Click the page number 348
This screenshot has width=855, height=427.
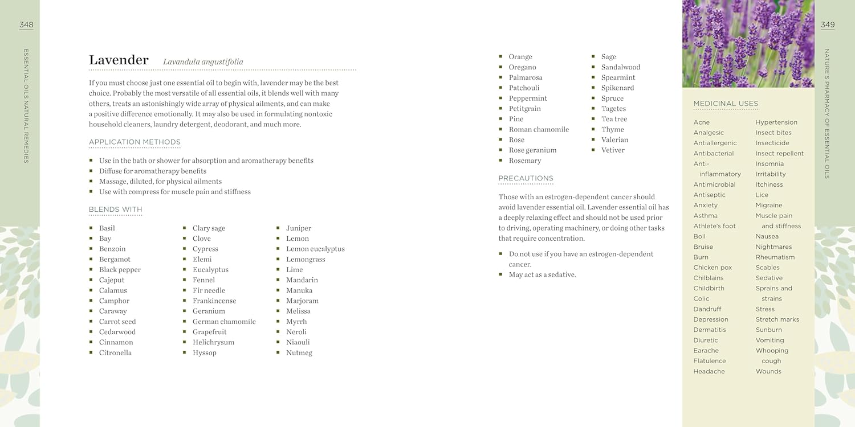click(x=26, y=24)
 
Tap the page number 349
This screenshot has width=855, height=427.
click(x=828, y=24)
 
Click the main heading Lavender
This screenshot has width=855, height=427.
click(x=119, y=60)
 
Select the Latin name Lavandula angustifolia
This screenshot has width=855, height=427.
click(x=203, y=62)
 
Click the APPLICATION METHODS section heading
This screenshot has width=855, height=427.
click(x=135, y=142)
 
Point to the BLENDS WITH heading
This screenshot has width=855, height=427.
click(x=115, y=210)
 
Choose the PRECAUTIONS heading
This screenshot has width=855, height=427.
click(x=526, y=178)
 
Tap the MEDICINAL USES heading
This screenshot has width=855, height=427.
click(x=726, y=104)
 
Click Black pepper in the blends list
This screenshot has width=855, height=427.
click(x=120, y=270)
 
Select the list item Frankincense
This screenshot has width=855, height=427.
click(x=214, y=301)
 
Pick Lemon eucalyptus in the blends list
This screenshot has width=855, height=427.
click(x=315, y=249)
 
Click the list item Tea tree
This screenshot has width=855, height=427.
click(x=614, y=119)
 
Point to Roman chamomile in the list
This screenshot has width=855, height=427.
click(x=539, y=129)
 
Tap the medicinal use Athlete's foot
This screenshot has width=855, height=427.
click(x=714, y=226)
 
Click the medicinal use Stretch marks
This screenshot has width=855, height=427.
click(x=777, y=319)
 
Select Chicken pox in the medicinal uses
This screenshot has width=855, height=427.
click(x=712, y=268)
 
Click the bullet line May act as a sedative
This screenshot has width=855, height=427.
click(x=542, y=274)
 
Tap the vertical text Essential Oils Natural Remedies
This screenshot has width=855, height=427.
click(x=26, y=106)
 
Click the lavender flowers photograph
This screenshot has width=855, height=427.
click(x=748, y=44)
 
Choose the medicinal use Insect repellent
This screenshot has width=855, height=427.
click(x=779, y=153)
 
